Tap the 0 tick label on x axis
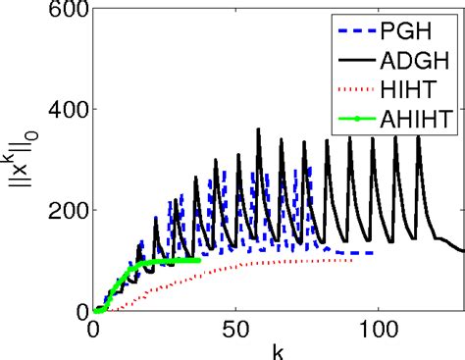92,330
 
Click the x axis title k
278,349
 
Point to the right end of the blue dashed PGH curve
376,253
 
